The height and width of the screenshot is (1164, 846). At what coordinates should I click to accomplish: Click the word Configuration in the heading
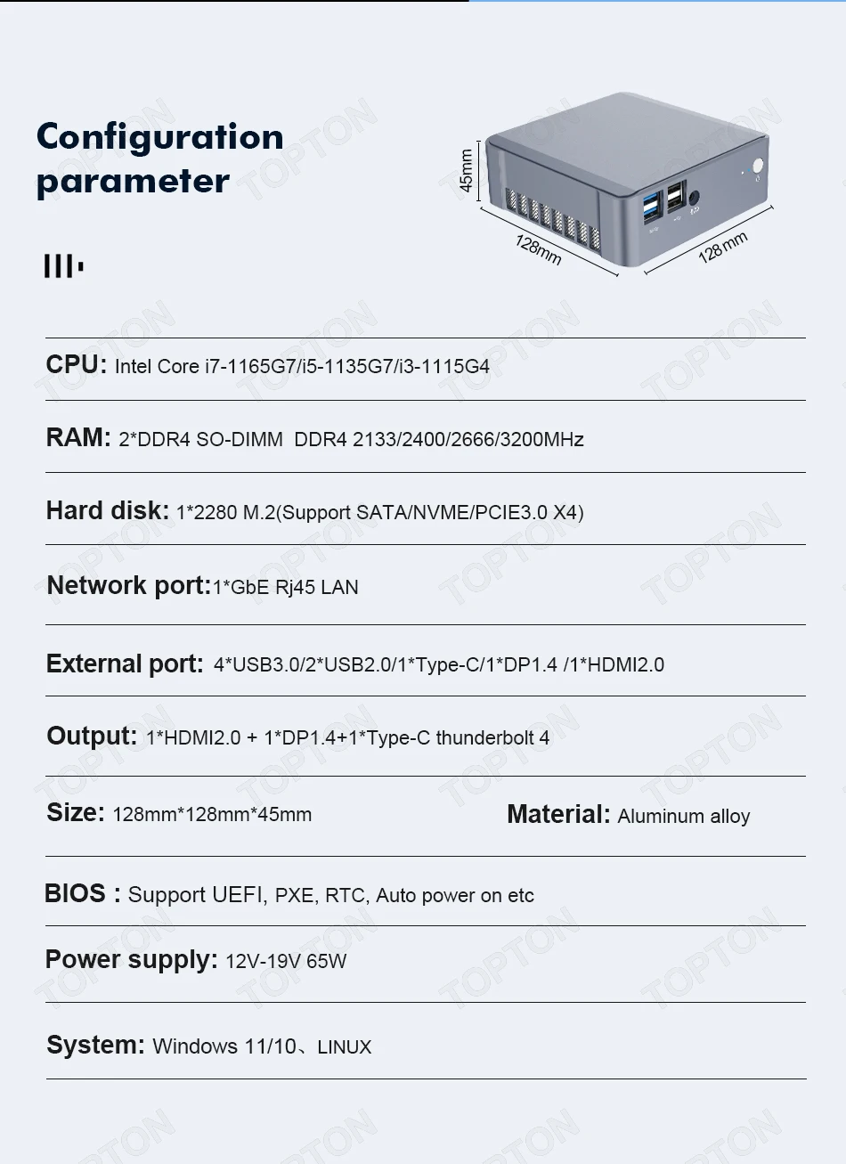[x=160, y=137]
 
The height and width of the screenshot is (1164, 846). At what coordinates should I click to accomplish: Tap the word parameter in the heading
[x=133, y=182]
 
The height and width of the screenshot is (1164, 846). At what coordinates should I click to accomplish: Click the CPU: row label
[x=76, y=365]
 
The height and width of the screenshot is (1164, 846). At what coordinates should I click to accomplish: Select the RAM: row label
[x=78, y=438]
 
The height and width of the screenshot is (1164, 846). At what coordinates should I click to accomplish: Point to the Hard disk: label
[x=107, y=511]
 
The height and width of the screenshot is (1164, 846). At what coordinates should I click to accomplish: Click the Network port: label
[x=128, y=586]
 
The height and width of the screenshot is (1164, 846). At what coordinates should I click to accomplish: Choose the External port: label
[x=125, y=664]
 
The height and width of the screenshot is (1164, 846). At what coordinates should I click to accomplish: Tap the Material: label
[x=558, y=815]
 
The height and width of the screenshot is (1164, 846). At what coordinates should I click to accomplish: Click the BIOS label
[x=76, y=894]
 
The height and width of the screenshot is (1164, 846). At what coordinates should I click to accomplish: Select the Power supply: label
[x=131, y=960]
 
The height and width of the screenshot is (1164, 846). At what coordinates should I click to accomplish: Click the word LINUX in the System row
[x=344, y=1047]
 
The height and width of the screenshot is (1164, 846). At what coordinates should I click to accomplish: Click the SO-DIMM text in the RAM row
[x=239, y=440]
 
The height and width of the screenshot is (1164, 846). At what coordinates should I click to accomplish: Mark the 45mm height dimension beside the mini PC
[x=466, y=169]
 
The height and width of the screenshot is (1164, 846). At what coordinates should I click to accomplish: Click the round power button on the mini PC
[x=758, y=166]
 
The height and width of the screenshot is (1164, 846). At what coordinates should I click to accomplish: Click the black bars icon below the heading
[x=63, y=265]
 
